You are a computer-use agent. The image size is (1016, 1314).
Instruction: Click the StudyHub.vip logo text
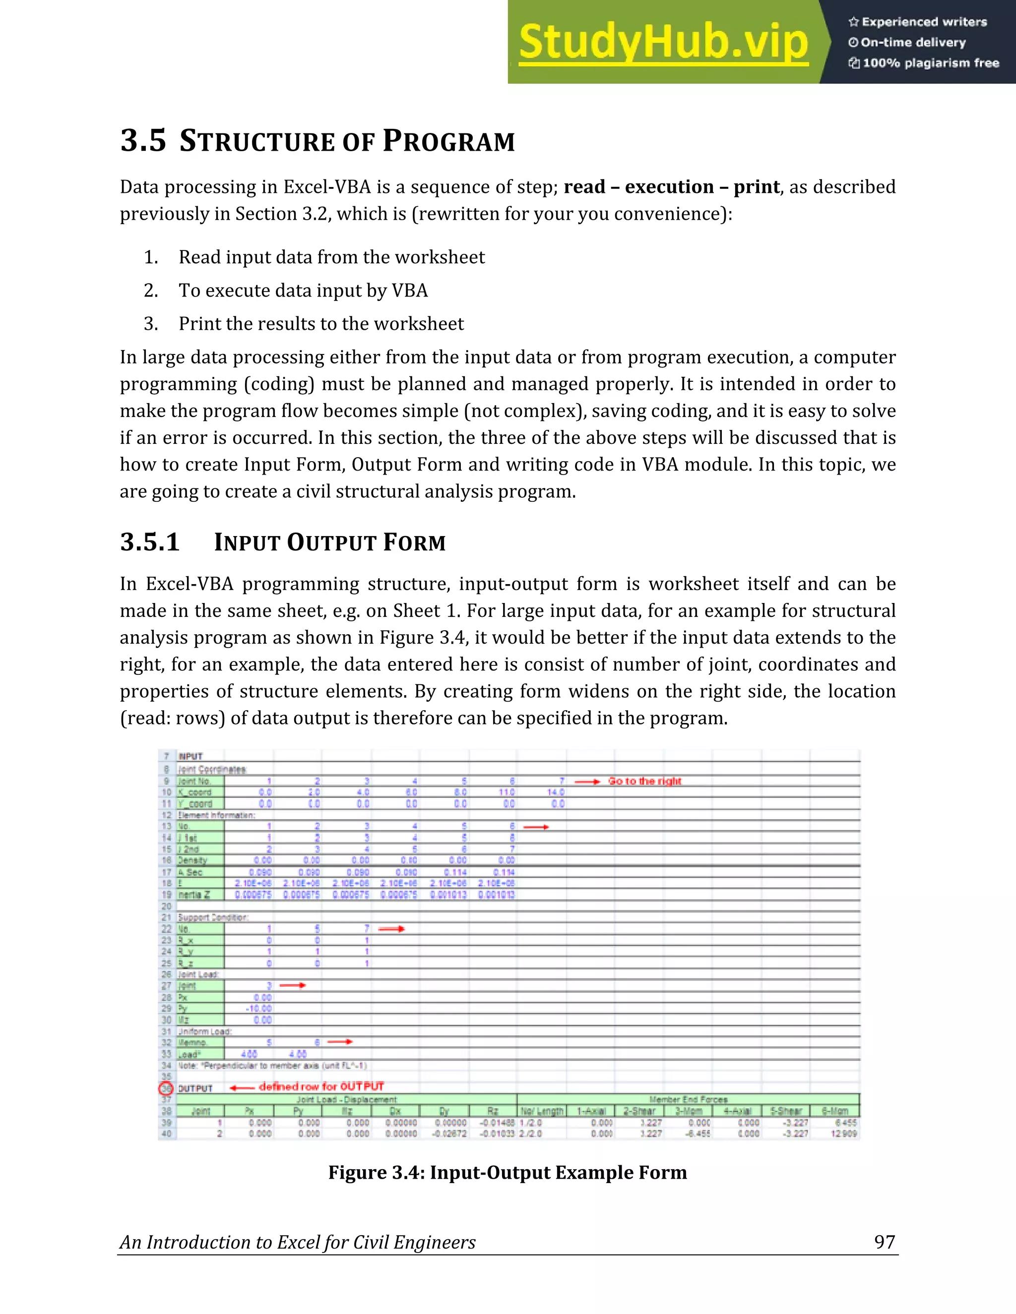tap(663, 42)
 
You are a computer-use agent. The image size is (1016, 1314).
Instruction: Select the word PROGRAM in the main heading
tap(448, 141)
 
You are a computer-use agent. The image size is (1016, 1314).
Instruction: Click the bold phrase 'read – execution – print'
tap(672, 187)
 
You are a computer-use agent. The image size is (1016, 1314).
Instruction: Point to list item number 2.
tap(151, 291)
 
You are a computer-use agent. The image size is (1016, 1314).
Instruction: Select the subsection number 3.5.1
tap(150, 542)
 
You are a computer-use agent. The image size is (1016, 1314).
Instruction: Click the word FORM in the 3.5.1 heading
tap(415, 542)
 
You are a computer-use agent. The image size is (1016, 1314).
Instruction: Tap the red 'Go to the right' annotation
tap(644, 781)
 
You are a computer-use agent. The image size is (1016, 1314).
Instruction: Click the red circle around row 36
tap(166, 1088)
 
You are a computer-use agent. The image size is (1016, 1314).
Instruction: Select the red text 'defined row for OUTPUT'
tap(321, 1086)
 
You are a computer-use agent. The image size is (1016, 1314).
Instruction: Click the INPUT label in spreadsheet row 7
tap(191, 756)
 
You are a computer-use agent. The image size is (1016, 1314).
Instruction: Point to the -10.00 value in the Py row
tap(259, 1009)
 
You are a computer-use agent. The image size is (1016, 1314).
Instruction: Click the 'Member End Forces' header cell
tap(688, 1099)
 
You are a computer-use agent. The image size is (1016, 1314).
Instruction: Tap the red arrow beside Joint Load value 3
tap(293, 986)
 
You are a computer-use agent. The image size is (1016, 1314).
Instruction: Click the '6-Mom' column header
tap(835, 1111)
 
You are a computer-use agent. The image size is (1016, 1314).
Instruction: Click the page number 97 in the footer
tap(884, 1243)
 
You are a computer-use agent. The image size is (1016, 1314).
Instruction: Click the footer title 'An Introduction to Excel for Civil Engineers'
tap(297, 1243)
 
